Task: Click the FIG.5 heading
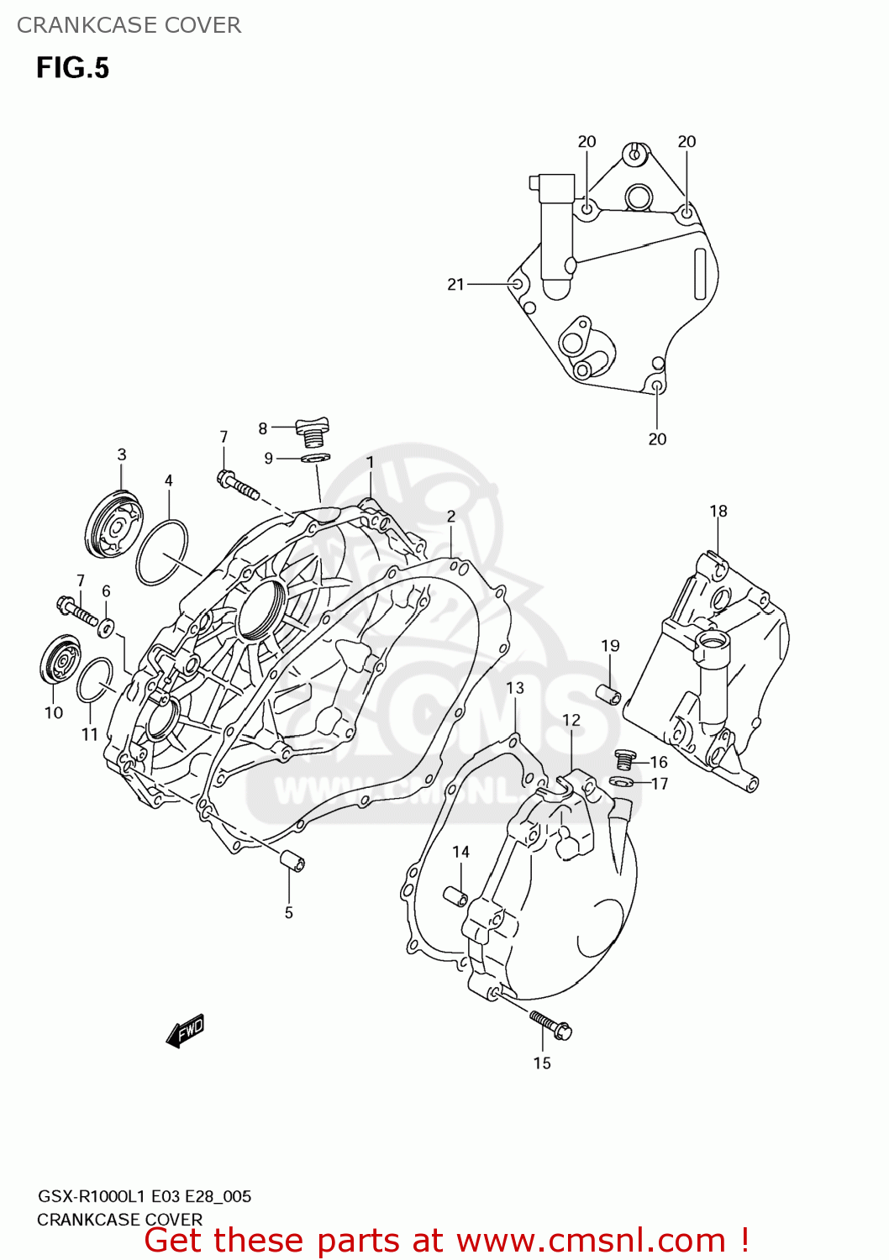point(72,68)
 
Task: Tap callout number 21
point(455,285)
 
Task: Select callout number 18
point(718,511)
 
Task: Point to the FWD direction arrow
point(186,1031)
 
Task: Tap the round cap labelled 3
point(114,527)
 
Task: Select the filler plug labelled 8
point(313,432)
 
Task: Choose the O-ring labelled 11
point(95,680)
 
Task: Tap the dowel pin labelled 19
point(609,695)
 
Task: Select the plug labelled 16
point(623,759)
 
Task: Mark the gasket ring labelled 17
point(621,783)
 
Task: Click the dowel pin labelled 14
point(456,896)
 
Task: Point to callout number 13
point(515,688)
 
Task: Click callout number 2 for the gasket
point(451,517)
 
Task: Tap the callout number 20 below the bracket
point(657,439)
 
